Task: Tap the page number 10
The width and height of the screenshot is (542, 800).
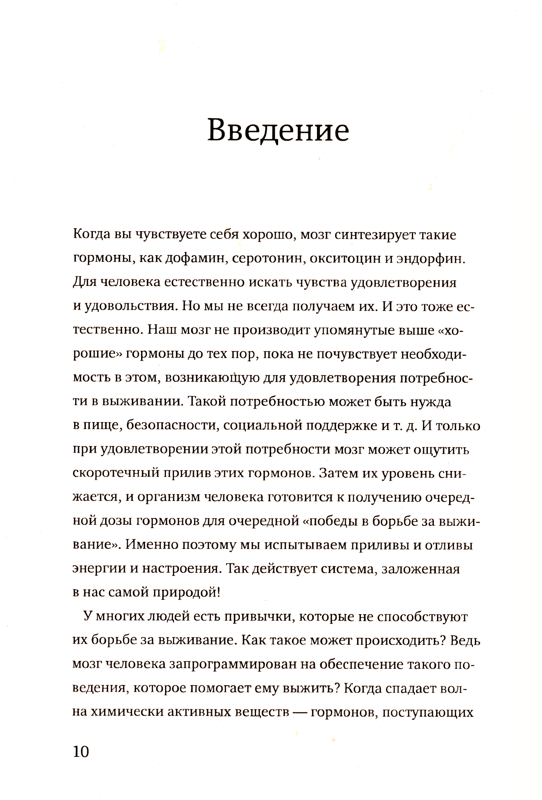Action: pos(81,752)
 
